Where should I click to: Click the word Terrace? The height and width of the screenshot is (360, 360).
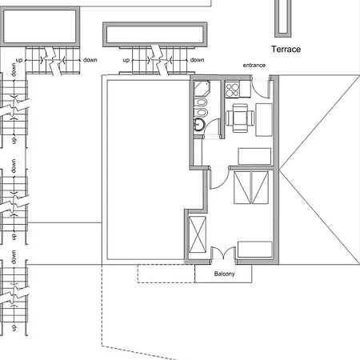[x=286, y=50]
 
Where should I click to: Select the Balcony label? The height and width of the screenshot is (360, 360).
[x=224, y=274]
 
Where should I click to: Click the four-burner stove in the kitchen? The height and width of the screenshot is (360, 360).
[x=234, y=90]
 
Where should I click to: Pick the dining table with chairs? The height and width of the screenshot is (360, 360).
[x=239, y=118]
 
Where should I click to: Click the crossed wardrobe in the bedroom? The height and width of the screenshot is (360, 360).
[x=198, y=234]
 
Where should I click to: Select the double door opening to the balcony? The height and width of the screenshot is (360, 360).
[x=224, y=254]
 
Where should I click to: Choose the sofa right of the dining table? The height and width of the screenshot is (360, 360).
[x=263, y=116]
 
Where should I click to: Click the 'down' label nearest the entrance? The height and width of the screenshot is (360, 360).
[x=197, y=60]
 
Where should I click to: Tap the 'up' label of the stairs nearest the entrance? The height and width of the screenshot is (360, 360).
[x=126, y=60]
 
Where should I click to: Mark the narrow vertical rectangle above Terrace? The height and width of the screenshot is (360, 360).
[x=282, y=17]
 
